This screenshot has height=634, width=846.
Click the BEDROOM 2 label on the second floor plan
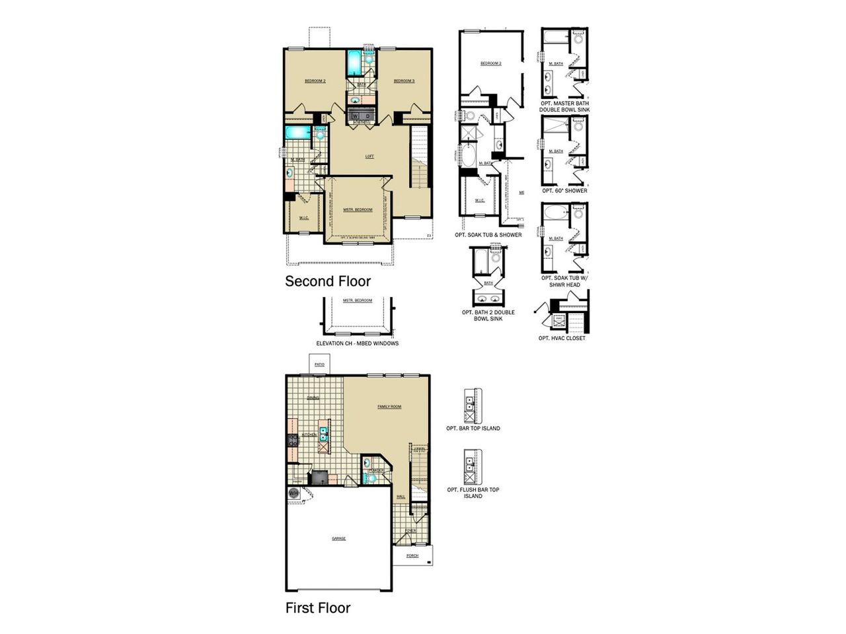(x=315, y=81)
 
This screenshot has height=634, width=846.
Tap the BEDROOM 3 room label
(x=404, y=81)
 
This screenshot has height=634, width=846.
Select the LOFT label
(x=369, y=157)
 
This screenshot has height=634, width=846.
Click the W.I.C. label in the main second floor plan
(x=304, y=217)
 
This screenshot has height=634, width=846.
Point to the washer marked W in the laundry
(x=355, y=116)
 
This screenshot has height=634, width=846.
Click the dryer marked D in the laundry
(x=368, y=116)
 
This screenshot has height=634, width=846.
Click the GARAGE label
(x=338, y=538)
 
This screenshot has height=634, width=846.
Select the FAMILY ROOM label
(x=389, y=407)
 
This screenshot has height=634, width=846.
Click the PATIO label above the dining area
(x=319, y=365)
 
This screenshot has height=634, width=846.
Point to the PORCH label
(x=412, y=555)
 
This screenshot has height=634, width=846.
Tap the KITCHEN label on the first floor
(x=309, y=435)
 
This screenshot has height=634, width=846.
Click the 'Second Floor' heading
(x=328, y=281)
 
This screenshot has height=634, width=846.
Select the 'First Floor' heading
(x=318, y=608)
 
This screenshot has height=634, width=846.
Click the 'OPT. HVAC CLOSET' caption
(x=562, y=338)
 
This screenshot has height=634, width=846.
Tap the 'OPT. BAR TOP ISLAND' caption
(x=473, y=428)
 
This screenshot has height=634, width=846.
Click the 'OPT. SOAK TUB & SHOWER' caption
(x=488, y=234)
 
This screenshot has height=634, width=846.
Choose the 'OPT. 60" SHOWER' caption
(x=564, y=191)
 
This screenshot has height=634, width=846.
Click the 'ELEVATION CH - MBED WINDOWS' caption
(x=358, y=343)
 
